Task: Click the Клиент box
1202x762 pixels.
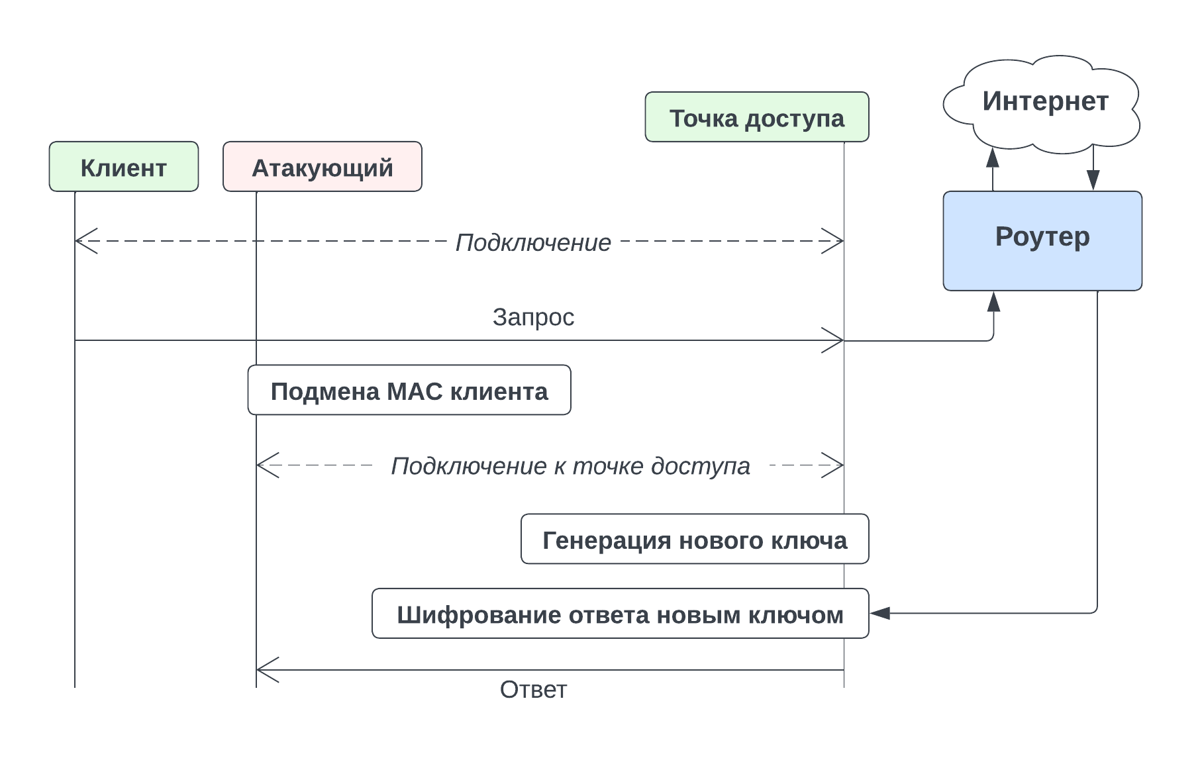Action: coord(124,167)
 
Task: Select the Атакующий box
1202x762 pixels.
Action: coord(323,167)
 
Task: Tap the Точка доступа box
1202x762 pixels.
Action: coord(757,117)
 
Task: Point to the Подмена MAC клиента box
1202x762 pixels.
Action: coord(409,391)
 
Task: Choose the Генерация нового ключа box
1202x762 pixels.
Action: coord(695,540)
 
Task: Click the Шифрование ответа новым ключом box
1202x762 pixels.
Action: coord(620,614)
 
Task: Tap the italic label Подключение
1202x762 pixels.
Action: coord(533,242)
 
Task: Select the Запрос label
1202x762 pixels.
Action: coord(533,317)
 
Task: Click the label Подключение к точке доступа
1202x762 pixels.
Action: coord(570,466)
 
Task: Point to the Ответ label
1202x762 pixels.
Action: coord(533,690)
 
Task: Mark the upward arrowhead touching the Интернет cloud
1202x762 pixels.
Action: coord(992,158)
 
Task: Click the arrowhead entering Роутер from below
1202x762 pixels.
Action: coord(993,301)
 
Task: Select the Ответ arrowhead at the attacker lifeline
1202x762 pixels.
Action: coord(264,670)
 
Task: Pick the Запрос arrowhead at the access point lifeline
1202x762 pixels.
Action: coord(835,340)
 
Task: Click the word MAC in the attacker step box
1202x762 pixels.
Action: coord(414,391)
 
